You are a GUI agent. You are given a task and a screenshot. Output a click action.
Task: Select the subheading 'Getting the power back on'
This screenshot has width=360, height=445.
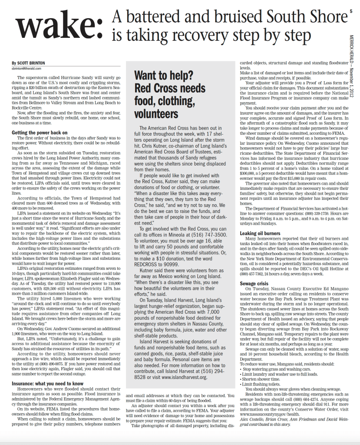point(40,132)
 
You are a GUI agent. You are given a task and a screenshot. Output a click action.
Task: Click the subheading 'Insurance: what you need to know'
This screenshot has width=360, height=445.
point(47,384)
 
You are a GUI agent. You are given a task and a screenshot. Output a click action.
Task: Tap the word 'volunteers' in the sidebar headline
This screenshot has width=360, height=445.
point(156,113)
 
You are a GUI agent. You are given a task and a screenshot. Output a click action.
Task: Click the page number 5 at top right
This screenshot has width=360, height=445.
point(350,14)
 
